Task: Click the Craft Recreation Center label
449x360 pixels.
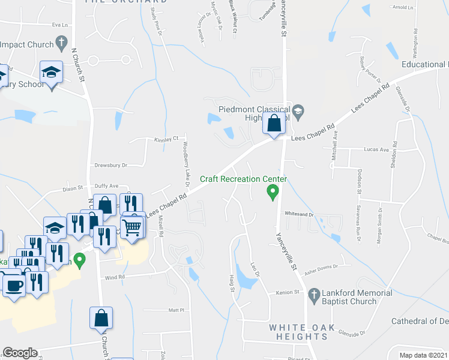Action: pos(243,179)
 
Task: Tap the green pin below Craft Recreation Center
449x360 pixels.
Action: pos(273,192)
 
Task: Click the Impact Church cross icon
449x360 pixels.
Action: pos(61,43)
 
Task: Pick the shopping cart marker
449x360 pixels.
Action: pos(133,227)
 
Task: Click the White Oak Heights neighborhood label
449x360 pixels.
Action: pos(298,332)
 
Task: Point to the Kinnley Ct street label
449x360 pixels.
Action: pos(166,139)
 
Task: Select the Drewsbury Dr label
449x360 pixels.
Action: pos(111,165)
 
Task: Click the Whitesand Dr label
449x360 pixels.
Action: pos(300,214)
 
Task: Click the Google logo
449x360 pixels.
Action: pos(20,353)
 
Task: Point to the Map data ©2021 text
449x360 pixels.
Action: pos(424,355)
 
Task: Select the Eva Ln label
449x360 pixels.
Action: pos(60,25)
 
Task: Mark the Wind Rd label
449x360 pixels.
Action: pos(114,277)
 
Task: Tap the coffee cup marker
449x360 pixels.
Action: pos(14,284)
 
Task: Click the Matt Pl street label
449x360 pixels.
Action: pos(176,310)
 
